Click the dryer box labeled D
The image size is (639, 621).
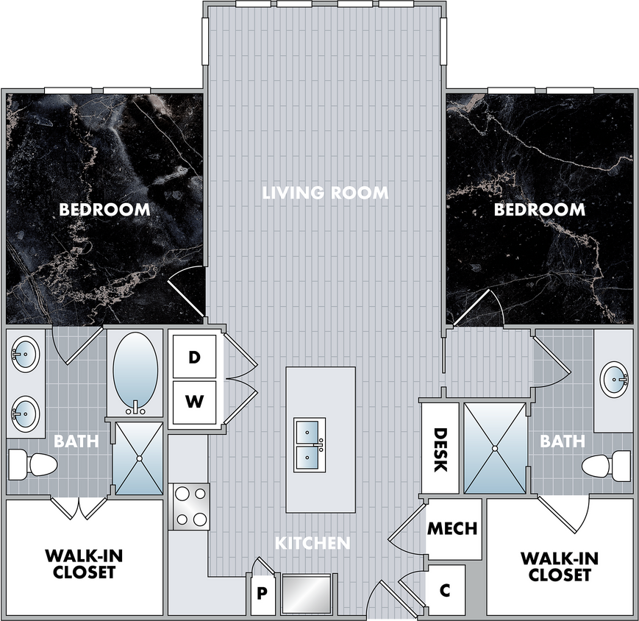pos(194,356)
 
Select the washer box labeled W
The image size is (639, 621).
pos(194,402)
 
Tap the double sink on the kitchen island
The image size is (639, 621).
pos(310,445)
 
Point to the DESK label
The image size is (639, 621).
pos(440,450)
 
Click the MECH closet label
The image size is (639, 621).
pos(452,528)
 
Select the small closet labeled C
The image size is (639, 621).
pos(446,590)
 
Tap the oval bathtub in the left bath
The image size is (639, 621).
pos(135,373)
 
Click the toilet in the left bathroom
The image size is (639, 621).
pos(32,464)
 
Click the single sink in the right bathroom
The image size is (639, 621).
pos(614,380)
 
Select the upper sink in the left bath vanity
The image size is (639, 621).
pos(26,353)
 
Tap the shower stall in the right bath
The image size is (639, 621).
pos(495,449)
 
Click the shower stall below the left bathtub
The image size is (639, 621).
pos(140,458)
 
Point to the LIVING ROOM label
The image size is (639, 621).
pos(325,193)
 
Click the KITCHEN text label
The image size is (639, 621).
pos(313,543)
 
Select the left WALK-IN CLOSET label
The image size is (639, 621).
pos(84,564)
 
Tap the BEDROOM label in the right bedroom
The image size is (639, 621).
pos(540,210)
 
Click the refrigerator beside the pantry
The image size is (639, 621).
pos(307,594)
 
